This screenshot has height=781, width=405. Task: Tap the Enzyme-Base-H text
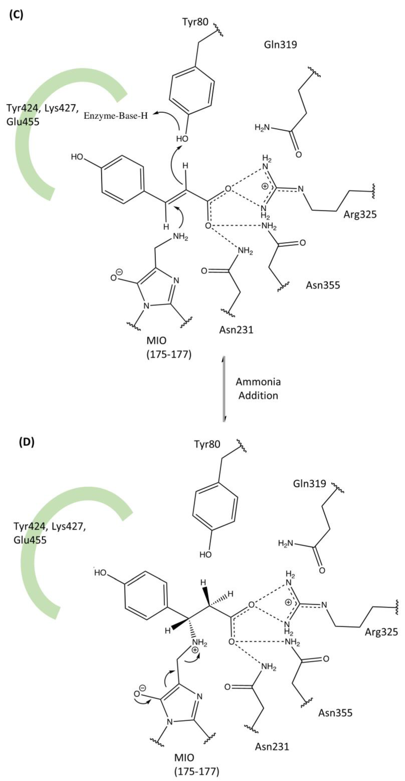click(x=116, y=116)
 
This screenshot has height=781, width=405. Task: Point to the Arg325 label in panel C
click(x=360, y=214)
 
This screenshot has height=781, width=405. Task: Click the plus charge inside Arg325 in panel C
click(x=265, y=186)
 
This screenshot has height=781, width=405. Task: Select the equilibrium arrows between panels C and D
click(x=224, y=389)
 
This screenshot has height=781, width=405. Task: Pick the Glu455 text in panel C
click(x=23, y=122)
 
